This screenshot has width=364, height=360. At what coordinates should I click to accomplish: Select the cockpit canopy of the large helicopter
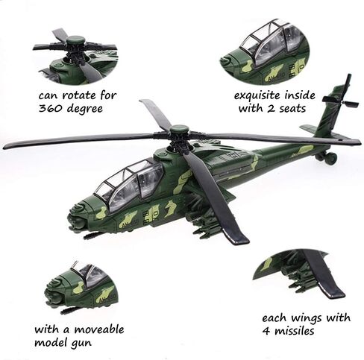tap(131, 183)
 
